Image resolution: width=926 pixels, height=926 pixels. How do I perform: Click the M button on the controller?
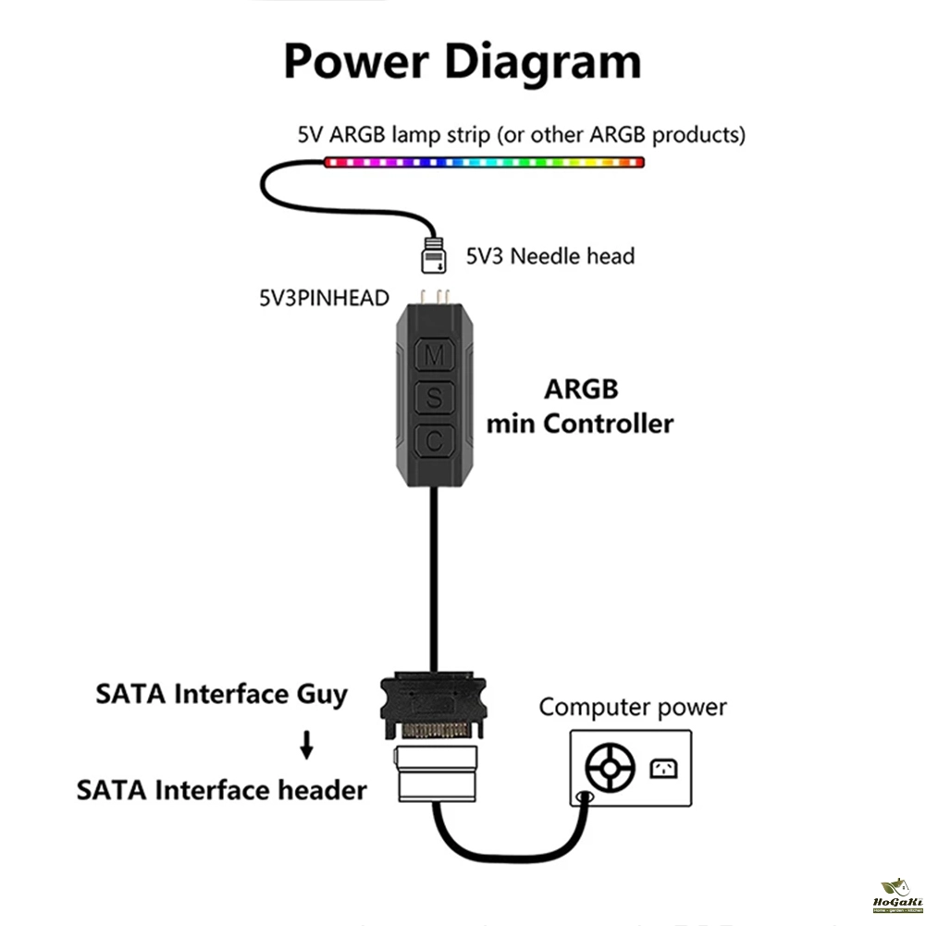click(434, 354)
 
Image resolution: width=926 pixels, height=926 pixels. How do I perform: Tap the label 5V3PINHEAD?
click(323, 298)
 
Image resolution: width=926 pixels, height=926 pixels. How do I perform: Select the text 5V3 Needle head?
click(549, 255)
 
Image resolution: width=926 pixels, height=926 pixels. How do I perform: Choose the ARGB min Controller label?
click(580, 406)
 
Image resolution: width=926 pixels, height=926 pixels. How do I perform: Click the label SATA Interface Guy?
click(222, 694)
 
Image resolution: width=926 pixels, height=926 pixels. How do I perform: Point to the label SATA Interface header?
click(222, 790)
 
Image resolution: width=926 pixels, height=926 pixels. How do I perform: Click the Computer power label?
click(633, 708)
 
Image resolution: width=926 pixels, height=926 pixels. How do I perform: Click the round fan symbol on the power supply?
click(611, 767)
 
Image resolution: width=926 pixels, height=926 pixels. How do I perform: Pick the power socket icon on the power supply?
click(663, 767)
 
